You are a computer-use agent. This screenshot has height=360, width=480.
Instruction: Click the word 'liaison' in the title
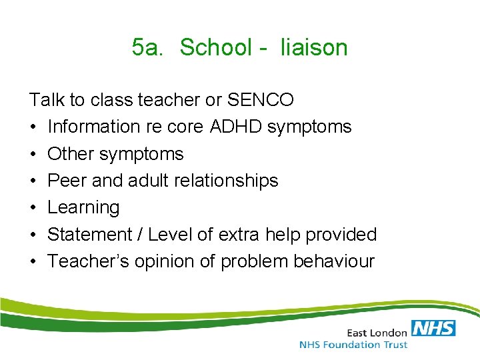[x=314, y=48]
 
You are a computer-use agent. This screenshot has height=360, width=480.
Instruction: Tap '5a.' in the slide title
[x=147, y=48]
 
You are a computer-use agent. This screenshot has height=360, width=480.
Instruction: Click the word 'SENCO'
[x=260, y=100]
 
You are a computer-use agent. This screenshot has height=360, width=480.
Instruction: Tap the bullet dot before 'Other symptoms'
[x=33, y=154]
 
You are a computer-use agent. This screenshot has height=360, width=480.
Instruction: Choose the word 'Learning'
[x=83, y=208]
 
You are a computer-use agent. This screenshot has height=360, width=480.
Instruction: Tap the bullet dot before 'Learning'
[x=33, y=208]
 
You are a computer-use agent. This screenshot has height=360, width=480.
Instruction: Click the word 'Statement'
[x=90, y=235]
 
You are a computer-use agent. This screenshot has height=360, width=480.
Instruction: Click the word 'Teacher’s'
[x=88, y=261]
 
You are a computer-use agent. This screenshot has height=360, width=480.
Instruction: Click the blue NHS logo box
[x=433, y=327]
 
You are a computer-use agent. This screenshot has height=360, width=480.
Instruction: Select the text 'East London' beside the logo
[x=377, y=331]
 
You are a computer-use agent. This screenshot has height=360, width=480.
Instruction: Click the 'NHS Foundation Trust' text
[x=353, y=345]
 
